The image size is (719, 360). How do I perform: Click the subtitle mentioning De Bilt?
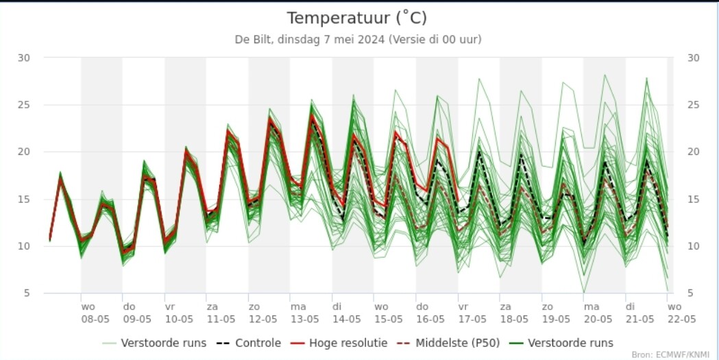(358, 39)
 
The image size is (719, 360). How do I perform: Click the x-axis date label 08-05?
(95, 319)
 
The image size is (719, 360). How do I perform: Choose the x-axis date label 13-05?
(304, 319)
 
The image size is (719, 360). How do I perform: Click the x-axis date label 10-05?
(179, 319)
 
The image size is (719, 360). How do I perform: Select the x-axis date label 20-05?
(597, 319)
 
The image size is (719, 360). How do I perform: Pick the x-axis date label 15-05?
(388, 319)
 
